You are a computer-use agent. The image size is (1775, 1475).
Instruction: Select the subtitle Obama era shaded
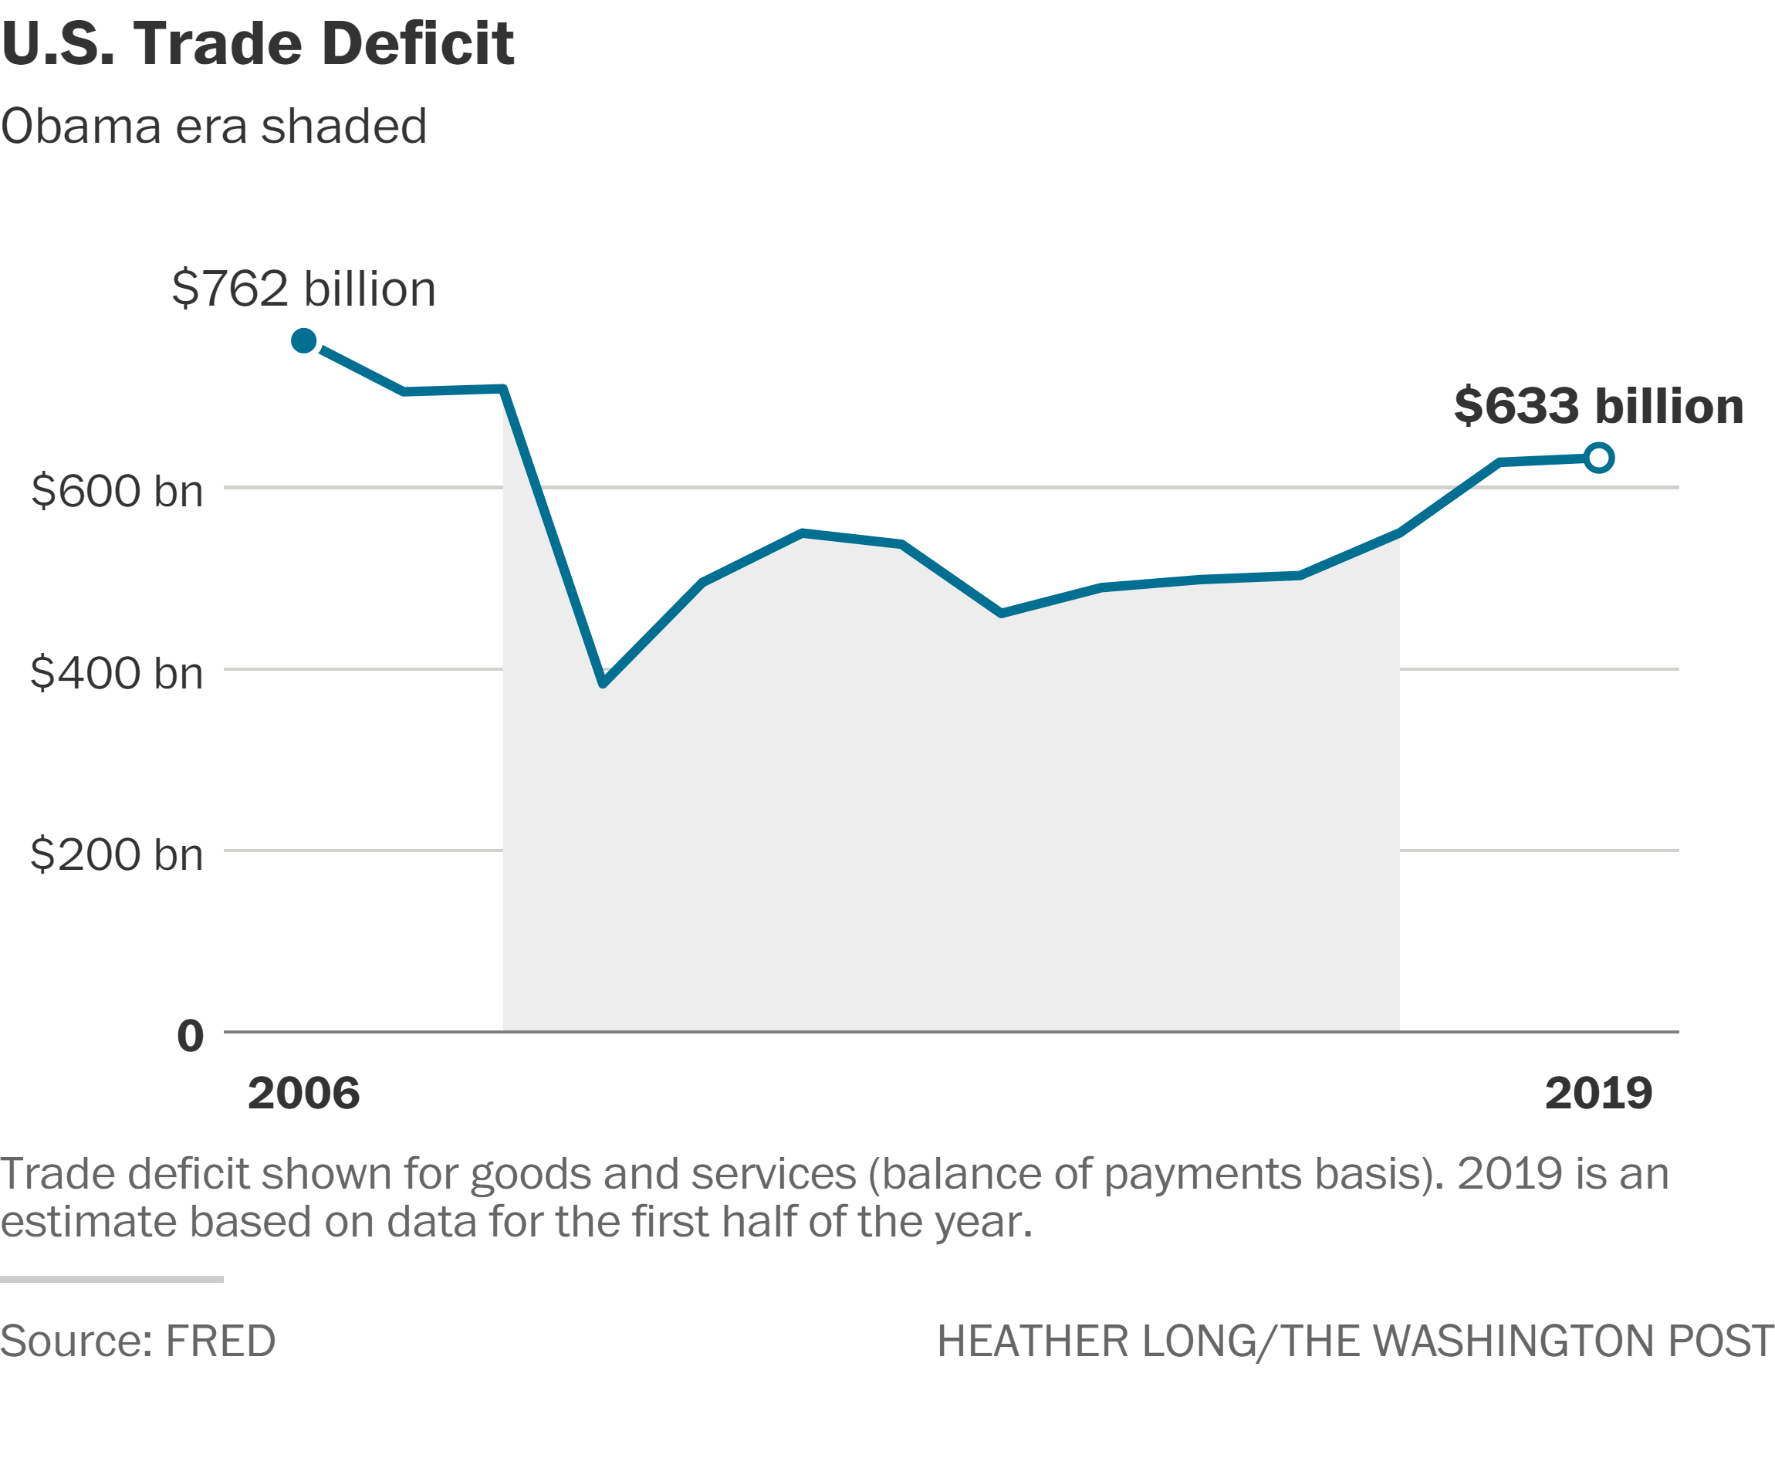(214, 127)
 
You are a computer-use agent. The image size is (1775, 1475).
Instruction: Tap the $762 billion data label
(303, 289)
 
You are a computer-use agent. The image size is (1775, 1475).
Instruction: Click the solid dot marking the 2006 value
(303, 340)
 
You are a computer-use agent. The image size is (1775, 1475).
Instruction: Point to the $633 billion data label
(1598, 406)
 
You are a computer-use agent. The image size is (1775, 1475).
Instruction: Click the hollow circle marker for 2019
(1598, 458)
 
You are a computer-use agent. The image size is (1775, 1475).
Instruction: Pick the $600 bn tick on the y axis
(117, 491)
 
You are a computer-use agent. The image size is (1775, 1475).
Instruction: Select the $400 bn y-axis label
(117, 673)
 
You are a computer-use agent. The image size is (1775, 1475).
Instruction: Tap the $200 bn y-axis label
(117, 854)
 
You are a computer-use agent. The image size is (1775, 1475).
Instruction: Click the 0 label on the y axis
(190, 1037)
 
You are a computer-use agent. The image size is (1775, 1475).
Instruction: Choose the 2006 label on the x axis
(303, 1094)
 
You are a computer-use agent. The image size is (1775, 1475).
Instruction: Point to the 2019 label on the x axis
(1598, 1094)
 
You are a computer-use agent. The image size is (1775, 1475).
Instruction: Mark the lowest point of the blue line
(603, 683)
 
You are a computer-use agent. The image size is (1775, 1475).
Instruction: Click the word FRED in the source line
(221, 1341)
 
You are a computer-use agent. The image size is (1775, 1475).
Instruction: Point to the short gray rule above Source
(112, 1280)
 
